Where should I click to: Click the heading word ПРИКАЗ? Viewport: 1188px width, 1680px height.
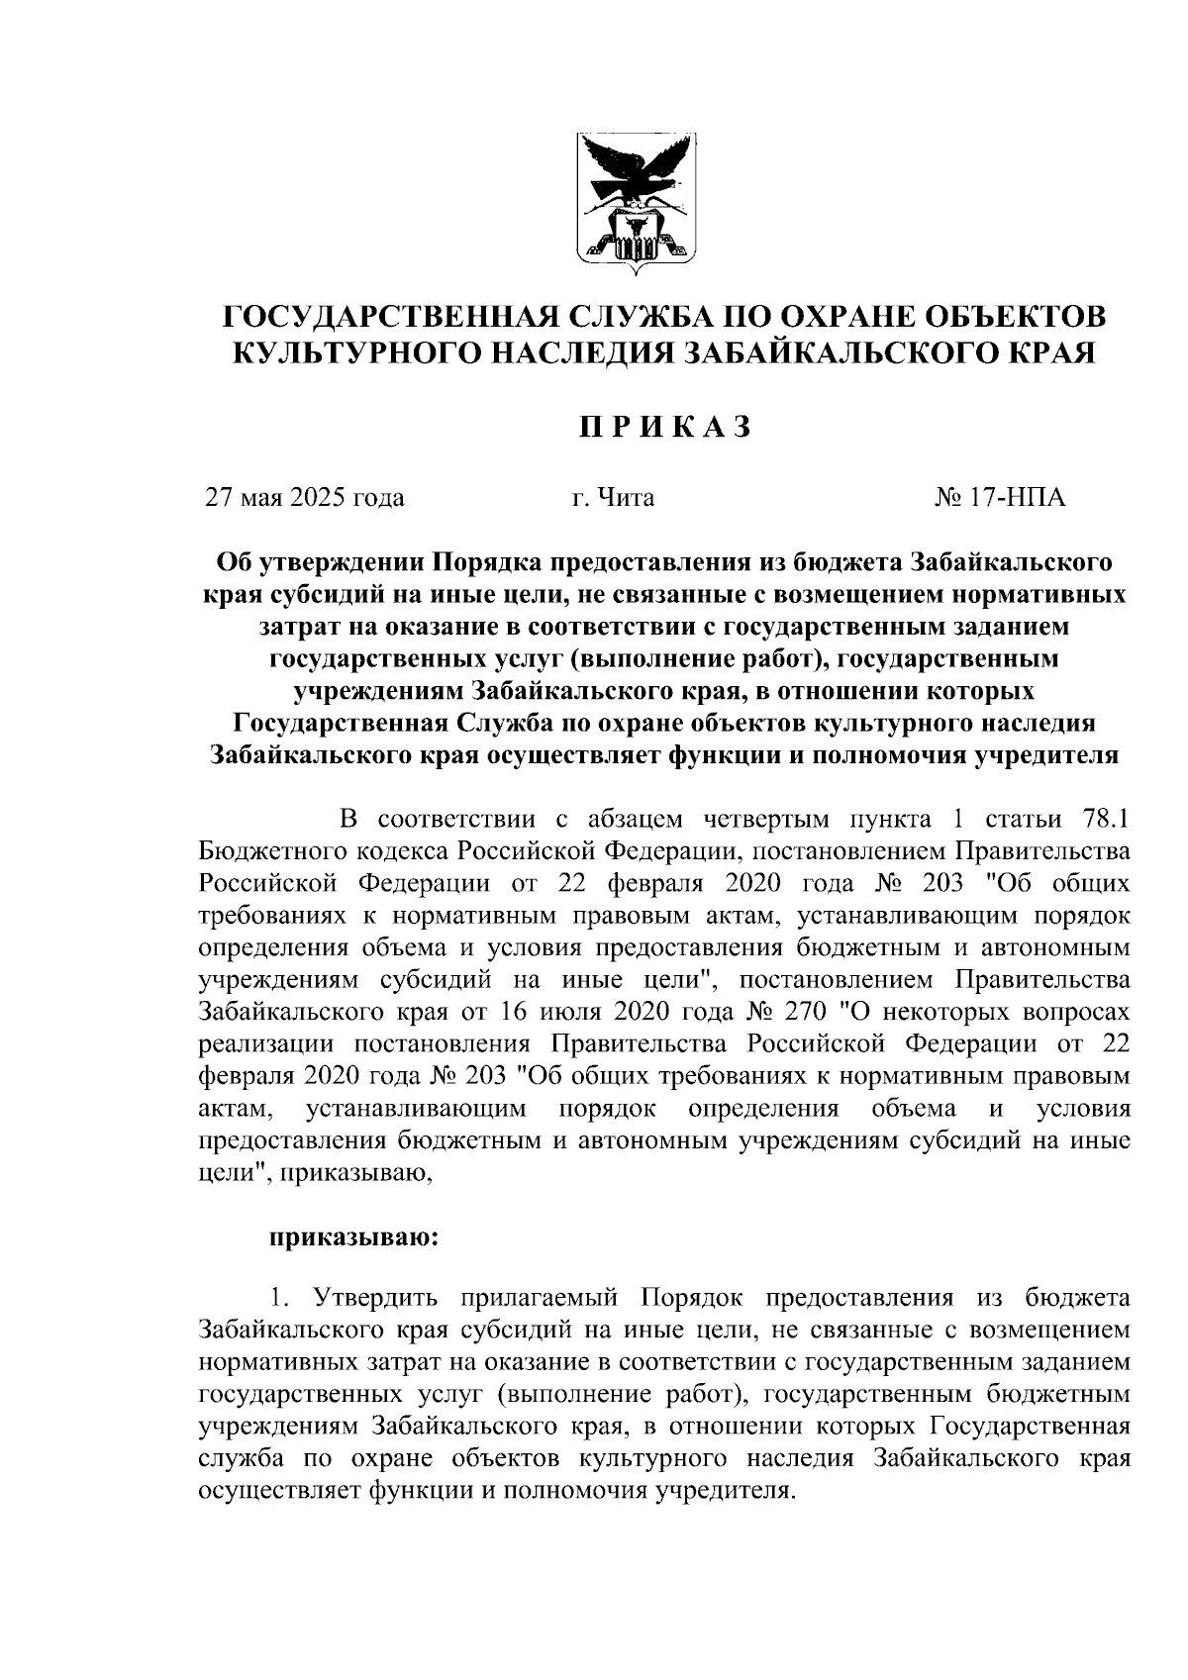[x=664, y=427]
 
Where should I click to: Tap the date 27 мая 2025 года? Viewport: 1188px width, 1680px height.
[x=305, y=497]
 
